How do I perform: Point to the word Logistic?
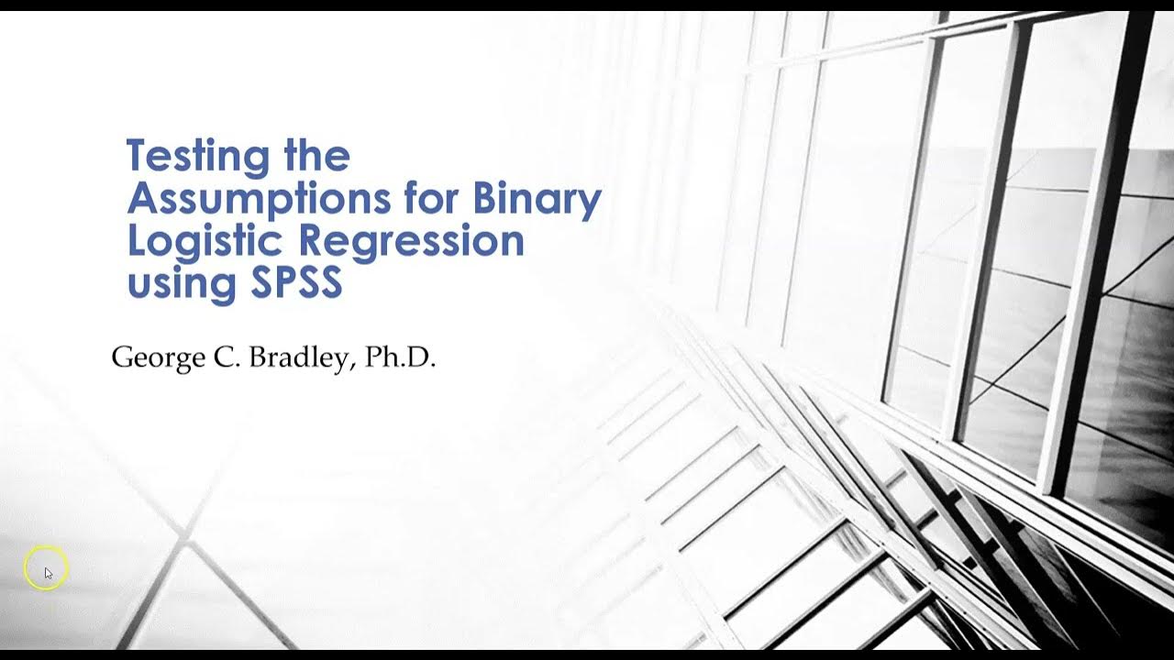point(206,241)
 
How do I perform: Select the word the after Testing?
point(316,157)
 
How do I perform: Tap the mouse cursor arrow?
point(49,573)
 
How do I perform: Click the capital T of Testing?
point(138,156)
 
